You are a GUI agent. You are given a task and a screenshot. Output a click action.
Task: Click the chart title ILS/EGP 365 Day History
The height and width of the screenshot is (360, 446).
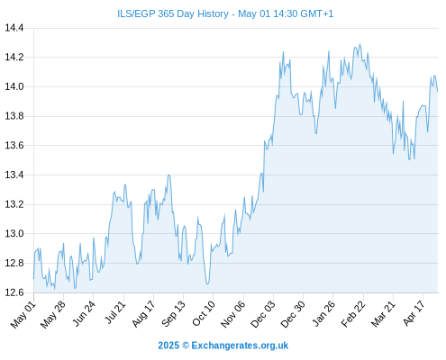click(173, 13)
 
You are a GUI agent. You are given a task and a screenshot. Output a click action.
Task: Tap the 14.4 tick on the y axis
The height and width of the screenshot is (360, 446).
click(14, 28)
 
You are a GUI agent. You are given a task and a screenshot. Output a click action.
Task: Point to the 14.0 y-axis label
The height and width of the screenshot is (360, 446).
click(14, 86)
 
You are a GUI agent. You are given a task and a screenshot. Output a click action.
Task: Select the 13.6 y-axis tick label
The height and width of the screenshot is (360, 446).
click(14, 146)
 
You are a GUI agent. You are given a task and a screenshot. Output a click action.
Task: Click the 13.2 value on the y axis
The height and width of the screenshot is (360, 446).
click(14, 204)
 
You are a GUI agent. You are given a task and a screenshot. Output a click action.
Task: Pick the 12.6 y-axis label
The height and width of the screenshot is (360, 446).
click(14, 292)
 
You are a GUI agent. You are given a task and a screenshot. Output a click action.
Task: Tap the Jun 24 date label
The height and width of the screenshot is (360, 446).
click(84, 313)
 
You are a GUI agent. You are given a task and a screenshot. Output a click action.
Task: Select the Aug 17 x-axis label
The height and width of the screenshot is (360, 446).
click(143, 314)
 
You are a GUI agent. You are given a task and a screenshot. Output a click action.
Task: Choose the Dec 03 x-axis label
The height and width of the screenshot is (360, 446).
click(263, 314)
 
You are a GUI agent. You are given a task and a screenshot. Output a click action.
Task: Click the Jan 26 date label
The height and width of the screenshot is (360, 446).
click(323, 314)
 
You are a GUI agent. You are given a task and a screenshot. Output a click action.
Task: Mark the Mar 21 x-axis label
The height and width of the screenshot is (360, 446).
click(383, 314)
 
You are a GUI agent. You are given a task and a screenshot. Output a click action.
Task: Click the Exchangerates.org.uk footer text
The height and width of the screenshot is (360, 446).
click(240, 346)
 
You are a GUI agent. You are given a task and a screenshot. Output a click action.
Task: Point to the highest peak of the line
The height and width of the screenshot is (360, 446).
click(360, 44)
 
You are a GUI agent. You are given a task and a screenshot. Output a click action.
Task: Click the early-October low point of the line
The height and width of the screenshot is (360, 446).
click(207, 283)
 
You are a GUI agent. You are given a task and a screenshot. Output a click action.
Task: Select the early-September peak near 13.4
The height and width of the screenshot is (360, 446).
click(169, 175)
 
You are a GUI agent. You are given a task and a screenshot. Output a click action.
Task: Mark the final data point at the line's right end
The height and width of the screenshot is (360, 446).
click(438, 91)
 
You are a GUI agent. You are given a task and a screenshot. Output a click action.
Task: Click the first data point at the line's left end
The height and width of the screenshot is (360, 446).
click(33, 279)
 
